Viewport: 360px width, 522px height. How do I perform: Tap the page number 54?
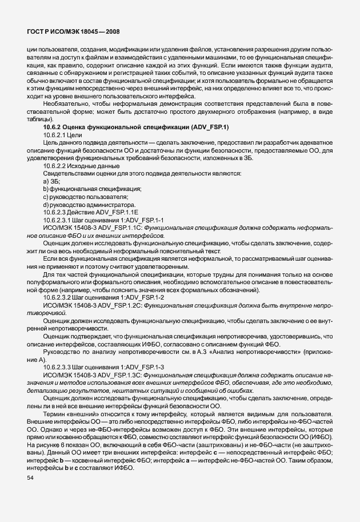point(31,478)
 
